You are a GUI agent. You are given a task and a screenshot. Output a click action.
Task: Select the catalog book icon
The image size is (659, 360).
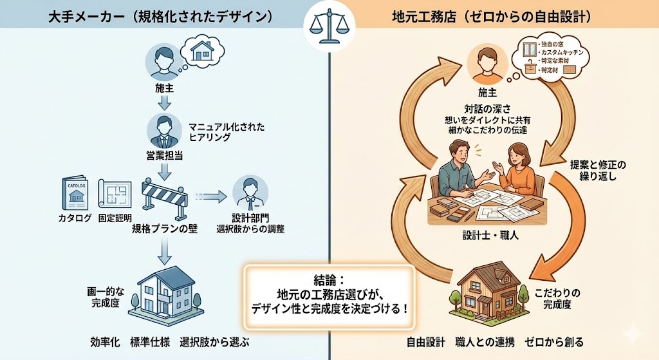[x=75, y=191]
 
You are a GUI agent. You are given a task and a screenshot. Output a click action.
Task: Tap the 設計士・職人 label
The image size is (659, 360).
[x=490, y=236]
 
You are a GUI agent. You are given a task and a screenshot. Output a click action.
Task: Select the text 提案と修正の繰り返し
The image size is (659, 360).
[x=598, y=169]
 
